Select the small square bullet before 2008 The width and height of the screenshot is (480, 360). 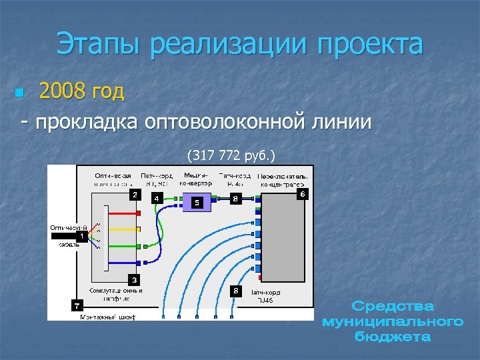pos(19,92)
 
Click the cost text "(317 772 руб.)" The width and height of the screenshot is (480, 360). pos(230,155)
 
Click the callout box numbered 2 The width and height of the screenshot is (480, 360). pos(135,195)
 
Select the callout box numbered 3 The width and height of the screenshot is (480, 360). pos(135,279)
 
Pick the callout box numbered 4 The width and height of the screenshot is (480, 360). pos(156,198)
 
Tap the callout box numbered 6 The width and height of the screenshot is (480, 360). pos(303,193)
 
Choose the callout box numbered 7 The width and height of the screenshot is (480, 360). pos(77,305)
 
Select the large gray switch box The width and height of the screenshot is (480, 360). pos(283,237)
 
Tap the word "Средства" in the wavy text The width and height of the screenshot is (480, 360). pos(392,307)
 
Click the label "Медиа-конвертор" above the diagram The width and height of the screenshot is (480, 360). pos(197,179)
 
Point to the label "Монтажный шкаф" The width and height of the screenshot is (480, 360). pos(107,317)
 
